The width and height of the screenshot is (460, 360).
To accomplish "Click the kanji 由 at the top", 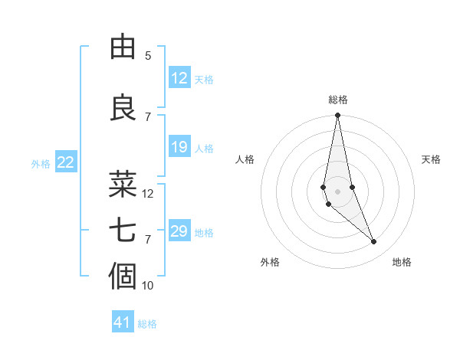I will click(123, 47).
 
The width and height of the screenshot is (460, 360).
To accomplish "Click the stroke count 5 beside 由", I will click(148, 56).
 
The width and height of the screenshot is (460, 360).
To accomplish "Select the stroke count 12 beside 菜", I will click(148, 194).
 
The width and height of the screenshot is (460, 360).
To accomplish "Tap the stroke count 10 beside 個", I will click(148, 286).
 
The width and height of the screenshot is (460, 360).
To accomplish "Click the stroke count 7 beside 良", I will click(148, 117).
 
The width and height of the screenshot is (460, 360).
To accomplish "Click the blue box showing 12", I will click(179, 78).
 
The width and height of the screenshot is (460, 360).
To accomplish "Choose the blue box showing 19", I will click(179, 147).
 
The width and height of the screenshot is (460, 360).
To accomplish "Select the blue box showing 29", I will click(179, 231).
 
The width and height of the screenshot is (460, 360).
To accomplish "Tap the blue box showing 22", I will click(66, 162).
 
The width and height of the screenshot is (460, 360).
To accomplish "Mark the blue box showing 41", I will click(123, 322).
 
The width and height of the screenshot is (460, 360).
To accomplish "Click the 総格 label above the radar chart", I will click(338, 100).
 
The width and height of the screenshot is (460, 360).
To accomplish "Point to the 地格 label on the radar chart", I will click(402, 263).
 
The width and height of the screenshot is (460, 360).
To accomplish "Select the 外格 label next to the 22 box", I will click(41, 163).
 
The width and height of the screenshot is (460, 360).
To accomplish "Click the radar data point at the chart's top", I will click(338, 116).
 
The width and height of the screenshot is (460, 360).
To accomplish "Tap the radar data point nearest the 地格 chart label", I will click(374, 242).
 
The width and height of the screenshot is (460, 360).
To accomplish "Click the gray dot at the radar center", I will click(338, 191).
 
